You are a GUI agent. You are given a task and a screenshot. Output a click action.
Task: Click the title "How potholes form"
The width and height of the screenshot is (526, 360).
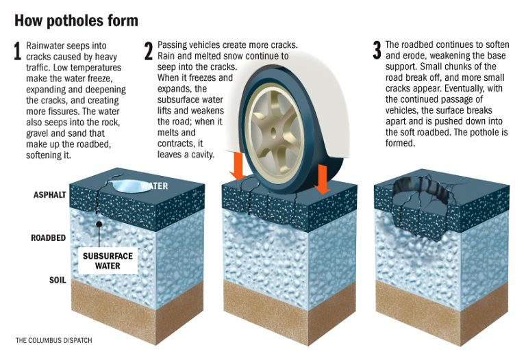click(x=76, y=20)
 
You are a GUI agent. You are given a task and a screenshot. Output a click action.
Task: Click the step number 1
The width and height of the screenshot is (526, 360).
click(x=18, y=52)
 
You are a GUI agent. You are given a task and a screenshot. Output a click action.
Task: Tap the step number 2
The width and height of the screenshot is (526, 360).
click(x=149, y=52)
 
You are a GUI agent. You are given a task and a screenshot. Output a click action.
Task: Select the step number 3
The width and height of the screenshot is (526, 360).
click(x=376, y=51)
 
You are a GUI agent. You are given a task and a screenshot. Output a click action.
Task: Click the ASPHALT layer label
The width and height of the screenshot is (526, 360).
click(x=50, y=195)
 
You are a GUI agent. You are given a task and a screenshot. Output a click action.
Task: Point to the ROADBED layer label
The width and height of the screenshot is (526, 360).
click(x=49, y=239)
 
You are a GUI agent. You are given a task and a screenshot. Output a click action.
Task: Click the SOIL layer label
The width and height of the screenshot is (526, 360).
click(x=57, y=281)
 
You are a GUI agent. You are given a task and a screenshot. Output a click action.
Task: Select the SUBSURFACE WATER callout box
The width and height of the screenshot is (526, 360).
click(x=107, y=261)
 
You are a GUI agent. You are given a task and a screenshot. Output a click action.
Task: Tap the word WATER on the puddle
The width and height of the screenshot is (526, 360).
click(x=155, y=185)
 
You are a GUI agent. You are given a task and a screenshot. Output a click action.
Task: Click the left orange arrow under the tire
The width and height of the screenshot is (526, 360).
click(x=237, y=168)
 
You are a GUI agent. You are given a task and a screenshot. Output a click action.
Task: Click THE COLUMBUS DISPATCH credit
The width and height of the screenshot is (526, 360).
click(x=53, y=340)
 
